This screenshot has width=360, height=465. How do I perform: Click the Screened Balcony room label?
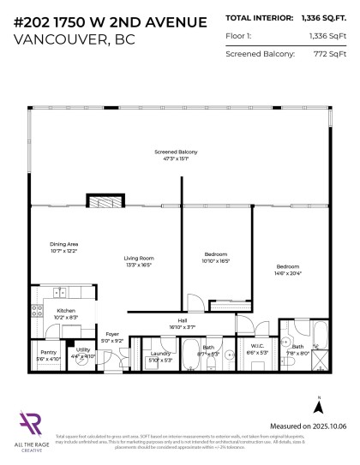click(x=171, y=152)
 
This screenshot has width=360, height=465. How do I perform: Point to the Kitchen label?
click(x=67, y=311)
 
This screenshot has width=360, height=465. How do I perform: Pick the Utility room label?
click(x=83, y=349)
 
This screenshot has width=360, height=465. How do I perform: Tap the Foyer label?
click(x=112, y=334)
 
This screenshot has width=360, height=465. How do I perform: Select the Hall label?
click(x=183, y=321)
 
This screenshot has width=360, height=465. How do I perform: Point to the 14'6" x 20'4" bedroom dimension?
click(x=289, y=273)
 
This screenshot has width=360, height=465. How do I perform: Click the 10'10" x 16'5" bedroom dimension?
click(x=216, y=260)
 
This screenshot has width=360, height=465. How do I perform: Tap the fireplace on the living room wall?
click(x=106, y=201)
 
